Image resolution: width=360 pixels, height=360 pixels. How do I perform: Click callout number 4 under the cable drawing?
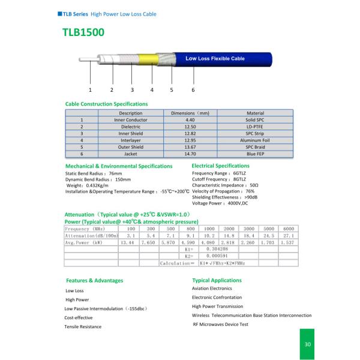tap(152, 89)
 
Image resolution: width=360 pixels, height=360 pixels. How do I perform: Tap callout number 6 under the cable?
tap(193, 89)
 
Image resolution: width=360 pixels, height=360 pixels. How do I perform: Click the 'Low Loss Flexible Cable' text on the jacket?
tap(215, 59)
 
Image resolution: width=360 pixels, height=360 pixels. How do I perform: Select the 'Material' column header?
tap(255, 113)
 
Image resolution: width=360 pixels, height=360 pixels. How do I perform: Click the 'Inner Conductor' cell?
tap(130, 120)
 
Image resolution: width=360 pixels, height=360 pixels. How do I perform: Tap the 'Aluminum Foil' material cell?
tap(255, 140)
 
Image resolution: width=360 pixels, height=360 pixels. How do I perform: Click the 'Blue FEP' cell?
tap(255, 154)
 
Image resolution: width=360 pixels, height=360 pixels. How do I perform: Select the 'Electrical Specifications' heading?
tap(220, 166)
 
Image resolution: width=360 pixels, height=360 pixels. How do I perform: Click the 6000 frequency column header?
tap(288, 229)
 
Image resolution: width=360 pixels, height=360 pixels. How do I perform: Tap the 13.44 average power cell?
tap(128, 242)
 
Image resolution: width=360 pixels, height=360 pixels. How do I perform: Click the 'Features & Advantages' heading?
tap(94, 281)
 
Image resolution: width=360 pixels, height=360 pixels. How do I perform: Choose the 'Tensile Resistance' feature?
tap(83, 326)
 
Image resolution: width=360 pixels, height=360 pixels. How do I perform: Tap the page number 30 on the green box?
tap(308, 344)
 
